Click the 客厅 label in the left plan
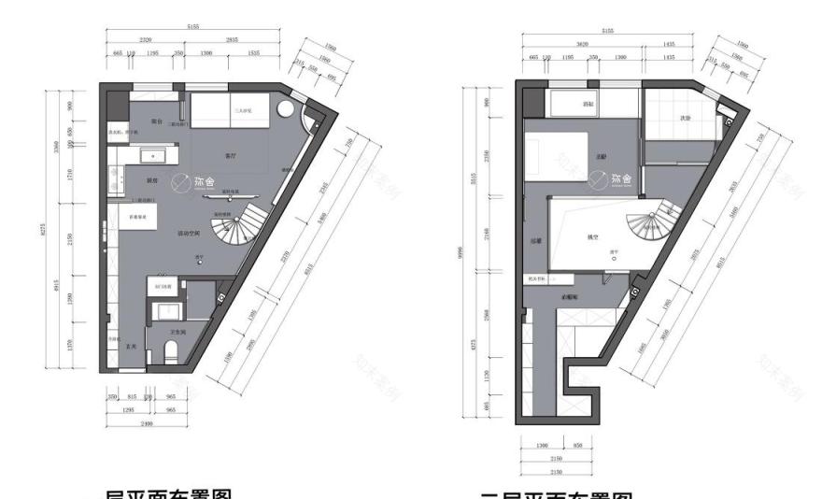[230, 155]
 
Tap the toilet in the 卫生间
[171, 352]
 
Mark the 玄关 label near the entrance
[133, 347]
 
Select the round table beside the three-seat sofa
[290, 116]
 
